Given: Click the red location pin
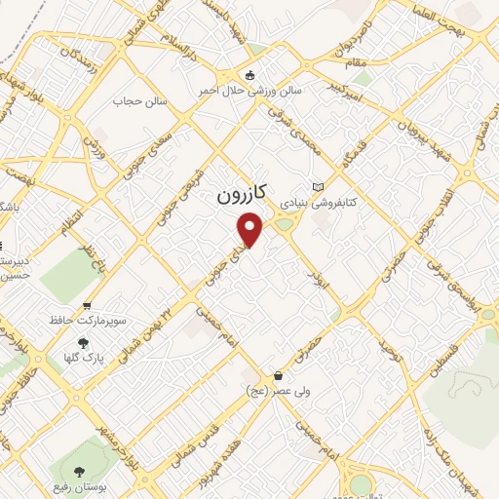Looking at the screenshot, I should (x=250, y=230).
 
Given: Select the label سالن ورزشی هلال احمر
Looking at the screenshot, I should (x=262, y=90).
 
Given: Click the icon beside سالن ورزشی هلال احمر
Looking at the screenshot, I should (x=250, y=76).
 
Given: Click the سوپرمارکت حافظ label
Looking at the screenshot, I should (x=90, y=320).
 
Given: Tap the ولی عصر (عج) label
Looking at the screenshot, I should (x=279, y=390).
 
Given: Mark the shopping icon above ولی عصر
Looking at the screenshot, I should (x=279, y=375).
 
